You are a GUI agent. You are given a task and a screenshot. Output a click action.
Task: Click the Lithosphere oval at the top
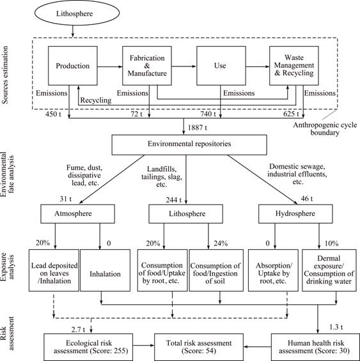[77, 13]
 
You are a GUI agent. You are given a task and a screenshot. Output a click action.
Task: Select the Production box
[73, 66]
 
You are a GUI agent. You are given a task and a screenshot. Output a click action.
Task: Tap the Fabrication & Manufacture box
[147, 66]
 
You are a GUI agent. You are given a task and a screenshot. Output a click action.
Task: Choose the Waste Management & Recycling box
[294, 66]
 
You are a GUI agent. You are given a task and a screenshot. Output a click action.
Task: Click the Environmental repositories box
[189, 145]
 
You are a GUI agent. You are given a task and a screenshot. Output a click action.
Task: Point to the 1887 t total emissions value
[198, 128]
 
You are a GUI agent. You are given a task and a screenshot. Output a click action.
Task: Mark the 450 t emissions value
[53, 114]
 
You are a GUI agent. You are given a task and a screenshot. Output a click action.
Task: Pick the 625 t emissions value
[291, 114]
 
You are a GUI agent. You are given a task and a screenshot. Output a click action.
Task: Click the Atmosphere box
[77, 214]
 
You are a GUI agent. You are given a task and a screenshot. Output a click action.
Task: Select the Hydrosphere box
[295, 214]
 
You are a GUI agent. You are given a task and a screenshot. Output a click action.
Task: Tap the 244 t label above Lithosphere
[174, 200]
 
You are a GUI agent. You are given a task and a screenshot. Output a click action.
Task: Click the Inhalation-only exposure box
[105, 270]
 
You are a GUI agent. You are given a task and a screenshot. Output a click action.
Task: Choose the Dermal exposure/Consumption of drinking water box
[329, 270]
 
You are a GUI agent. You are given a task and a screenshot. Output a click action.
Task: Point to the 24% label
[221, 243]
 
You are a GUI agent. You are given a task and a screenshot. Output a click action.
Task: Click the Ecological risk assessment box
[88, 347]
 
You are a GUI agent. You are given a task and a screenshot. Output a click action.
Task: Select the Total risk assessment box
[199, 347]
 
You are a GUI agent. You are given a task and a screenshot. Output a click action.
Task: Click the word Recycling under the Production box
[96, 100]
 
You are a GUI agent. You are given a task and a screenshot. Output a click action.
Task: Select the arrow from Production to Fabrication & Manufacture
[110, 66]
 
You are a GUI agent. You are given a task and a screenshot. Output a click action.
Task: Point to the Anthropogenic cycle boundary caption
[325, 128]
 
